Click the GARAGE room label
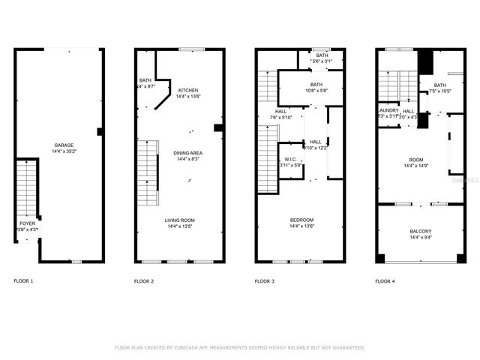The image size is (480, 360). tap(64, 145)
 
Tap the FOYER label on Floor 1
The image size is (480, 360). tap(26, 223)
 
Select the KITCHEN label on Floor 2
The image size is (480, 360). tap(187, 90)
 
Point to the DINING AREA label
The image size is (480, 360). tap(189, 153)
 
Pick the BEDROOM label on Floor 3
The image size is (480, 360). tap(301, 220)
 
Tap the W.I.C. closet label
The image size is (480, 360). tap(290, 160)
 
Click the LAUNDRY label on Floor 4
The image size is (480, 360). tap(388, 110)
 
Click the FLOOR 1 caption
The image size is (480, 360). tap(23, 281)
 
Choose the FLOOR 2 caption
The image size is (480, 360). tap(144, 281)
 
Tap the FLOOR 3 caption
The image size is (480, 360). tap(265, 281)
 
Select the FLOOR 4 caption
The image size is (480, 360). tap(385, 281)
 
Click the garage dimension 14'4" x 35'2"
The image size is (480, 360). tap(64, 151)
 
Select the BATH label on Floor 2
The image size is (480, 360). tap(145, 80)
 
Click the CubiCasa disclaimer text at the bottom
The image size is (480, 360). tap(239, 347)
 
